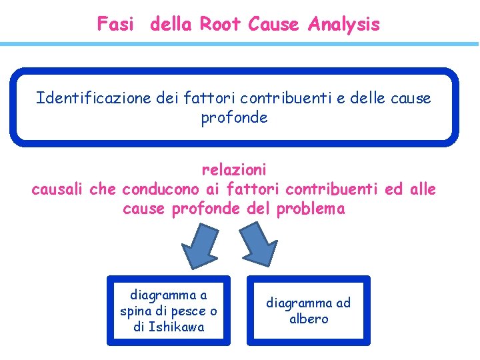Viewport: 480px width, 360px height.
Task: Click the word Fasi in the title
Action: [115, 25]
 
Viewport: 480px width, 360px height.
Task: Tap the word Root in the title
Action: [221, 25]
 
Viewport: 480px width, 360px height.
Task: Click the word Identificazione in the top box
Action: [83, 99]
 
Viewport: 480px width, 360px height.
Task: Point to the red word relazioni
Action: [234, 170]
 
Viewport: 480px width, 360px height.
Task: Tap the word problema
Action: [311, 209]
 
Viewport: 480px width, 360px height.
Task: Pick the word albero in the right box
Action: [309, 319]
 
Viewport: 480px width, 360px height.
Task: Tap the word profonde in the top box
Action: [234, 118]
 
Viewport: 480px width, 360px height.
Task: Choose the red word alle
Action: [423, 189]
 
